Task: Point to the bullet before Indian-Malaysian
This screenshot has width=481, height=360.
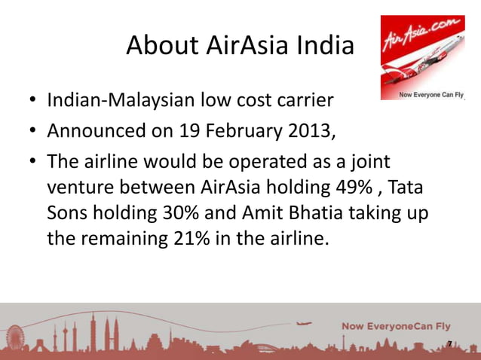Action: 33,101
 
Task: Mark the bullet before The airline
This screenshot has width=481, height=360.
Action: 33,164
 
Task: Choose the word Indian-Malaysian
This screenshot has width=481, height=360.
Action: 121,100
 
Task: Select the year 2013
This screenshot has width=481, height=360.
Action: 306,132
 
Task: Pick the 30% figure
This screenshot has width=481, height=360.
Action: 182,212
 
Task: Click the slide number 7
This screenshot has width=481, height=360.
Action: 449,344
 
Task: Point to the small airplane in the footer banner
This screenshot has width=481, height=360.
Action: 305,325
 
